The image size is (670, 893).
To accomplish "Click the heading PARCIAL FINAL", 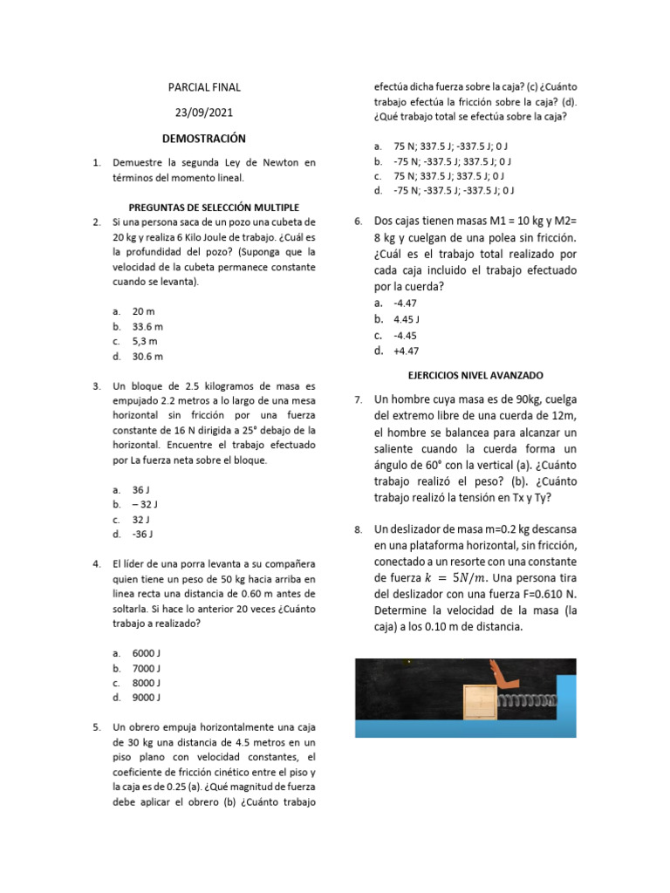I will click(x=204, y=87).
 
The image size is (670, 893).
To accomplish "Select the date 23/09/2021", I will click(x=204, y=112).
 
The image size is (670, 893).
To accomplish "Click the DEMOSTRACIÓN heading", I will click(x=204, y=139).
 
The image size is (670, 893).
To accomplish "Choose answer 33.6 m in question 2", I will click(x=147, y=326).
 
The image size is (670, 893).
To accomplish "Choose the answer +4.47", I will click(x=407, y=351).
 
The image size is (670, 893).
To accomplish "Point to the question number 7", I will click(x=359, y=399).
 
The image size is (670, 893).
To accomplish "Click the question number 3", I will click(x=96, y=385).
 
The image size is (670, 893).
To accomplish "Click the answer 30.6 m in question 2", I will click(x=147, y=356).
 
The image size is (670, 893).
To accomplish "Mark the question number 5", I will click(x=96, y=726).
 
